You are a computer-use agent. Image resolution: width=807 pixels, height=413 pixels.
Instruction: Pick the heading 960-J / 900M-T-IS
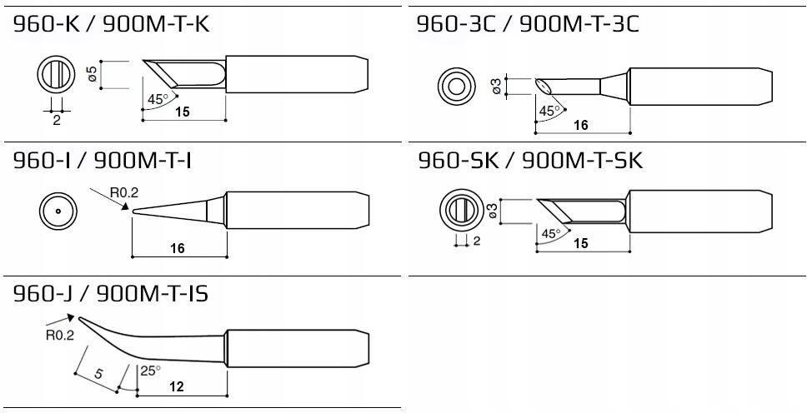click(111, 294)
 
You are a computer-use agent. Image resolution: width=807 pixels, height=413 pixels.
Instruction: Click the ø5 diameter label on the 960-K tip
click(93, 74)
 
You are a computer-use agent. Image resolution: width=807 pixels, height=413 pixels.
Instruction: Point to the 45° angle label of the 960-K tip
click(157, 99)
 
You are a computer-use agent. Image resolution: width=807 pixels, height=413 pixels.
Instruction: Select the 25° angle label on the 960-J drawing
click(151, 371)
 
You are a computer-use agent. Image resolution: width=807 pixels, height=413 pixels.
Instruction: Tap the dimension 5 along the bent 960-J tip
click(98, 374)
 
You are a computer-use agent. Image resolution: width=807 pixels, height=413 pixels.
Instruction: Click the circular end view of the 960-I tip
click(58, 211)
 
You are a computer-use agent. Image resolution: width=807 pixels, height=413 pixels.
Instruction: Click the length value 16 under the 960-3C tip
click(581, 124)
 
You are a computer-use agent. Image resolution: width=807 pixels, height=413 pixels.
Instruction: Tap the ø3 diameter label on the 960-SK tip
click(495, 211)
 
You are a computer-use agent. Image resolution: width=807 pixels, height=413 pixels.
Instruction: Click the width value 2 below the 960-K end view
click(57, 119)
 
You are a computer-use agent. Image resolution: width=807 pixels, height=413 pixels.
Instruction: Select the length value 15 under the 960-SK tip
click(581, 243)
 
